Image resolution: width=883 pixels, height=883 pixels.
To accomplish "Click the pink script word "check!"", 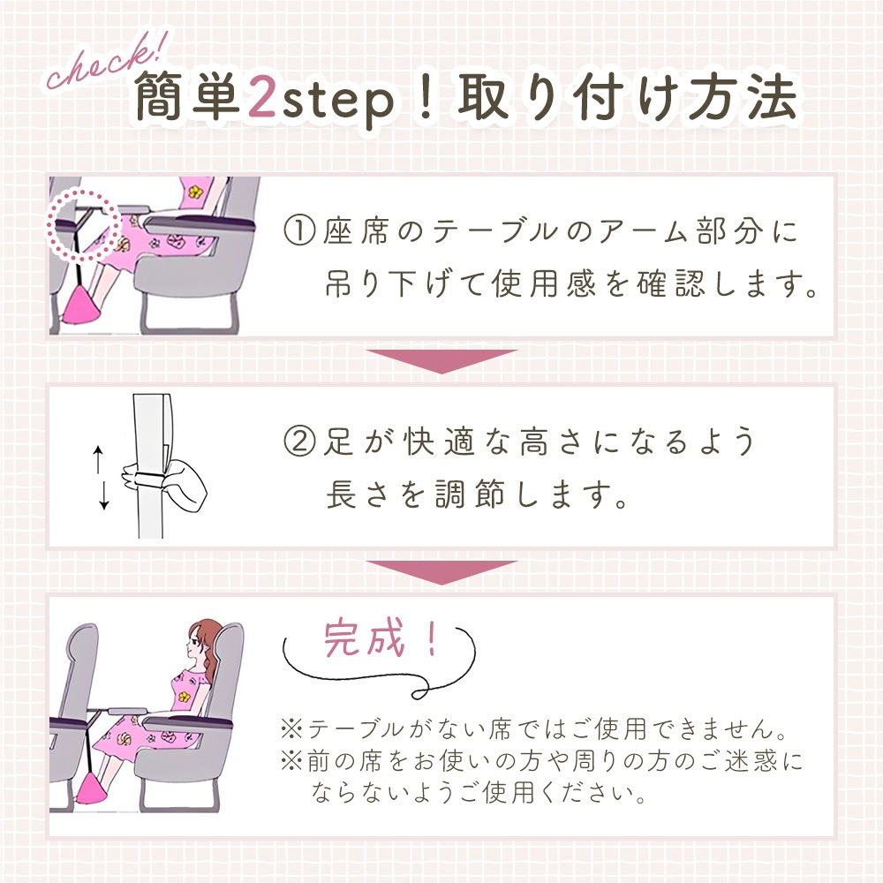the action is (x=107, y=60).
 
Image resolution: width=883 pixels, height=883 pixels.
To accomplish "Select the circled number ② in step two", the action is (x=299, y=441).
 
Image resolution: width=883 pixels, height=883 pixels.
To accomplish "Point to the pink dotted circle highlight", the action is (x=83, y=226).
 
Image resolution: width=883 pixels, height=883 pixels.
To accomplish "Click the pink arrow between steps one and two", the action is (x=441, y=360).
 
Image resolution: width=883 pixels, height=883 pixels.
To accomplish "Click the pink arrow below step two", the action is (x=441, y=571).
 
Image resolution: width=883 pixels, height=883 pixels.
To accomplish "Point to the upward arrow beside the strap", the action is (x=98, y=460).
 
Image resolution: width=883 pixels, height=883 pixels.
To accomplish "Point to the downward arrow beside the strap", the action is (x=103, y=496).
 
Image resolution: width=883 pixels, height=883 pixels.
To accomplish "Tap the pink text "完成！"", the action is (x=381, y=638).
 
